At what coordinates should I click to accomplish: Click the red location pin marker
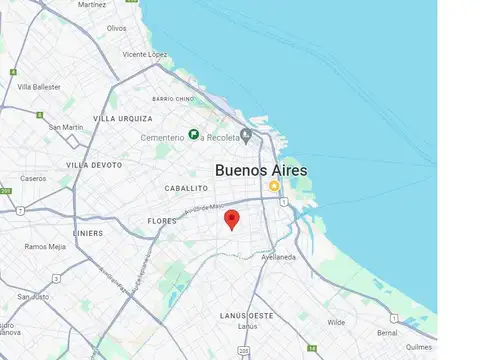pyautogui.click(x=232, y=219)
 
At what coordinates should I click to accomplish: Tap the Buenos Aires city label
pyautogui.click(x=262, y=171)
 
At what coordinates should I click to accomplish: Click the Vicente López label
pyautogui.click(x=144, y=54)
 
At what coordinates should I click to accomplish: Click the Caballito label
pyautogui.click(x=186, y=188)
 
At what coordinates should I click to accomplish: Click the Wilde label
pyautogui.click(x=336, y=322)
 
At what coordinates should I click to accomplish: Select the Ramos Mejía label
pyautogui.click(x=45, y=246)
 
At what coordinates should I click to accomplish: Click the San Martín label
pyautogui.click(x=66, y=127)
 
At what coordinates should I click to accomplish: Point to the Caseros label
pyautogui.click(x=33, y=178)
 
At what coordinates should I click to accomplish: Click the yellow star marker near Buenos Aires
pyautogui.click(x=273, y=186)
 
